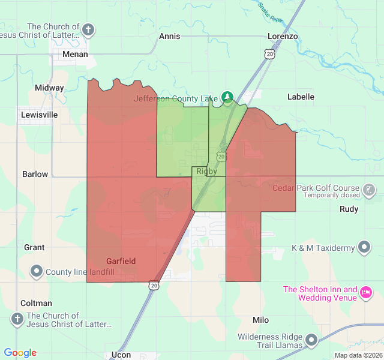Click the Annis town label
point(170,36)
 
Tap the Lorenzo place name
point(283,36)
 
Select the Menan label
point(76,54)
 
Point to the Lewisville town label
point(39,114)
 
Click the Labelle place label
point(301,96)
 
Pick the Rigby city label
point(206,171)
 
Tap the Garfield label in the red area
point(121,261)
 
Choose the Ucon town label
point(121,355)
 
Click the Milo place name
point(261,320)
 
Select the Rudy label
point(349,209)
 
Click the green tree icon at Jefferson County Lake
point(227,96)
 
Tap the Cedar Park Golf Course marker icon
point(370,190)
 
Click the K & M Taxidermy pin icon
point(364,247)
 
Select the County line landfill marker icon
point(36,272)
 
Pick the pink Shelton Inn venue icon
point(365,293)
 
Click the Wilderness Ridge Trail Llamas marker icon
point(311,341)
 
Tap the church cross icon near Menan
point(88,30)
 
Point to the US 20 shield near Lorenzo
point(271,54)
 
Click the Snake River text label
point(271,12)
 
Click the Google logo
point(20,353)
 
